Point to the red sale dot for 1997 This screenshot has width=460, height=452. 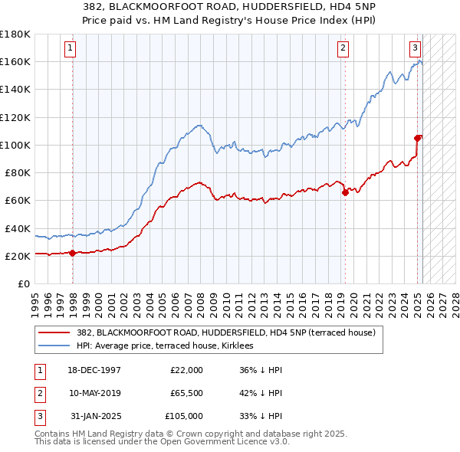coord(72,253)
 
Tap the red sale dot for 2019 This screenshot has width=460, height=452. coord(345,192)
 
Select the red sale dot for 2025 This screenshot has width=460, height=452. coord(418,138)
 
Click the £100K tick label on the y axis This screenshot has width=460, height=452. coord(15,145)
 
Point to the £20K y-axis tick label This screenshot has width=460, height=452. coord(18,256)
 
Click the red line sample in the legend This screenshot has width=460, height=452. coord(54,332)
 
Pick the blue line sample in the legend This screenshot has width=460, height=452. coord(54,346)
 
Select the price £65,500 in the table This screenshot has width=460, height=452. coord(186,393)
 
